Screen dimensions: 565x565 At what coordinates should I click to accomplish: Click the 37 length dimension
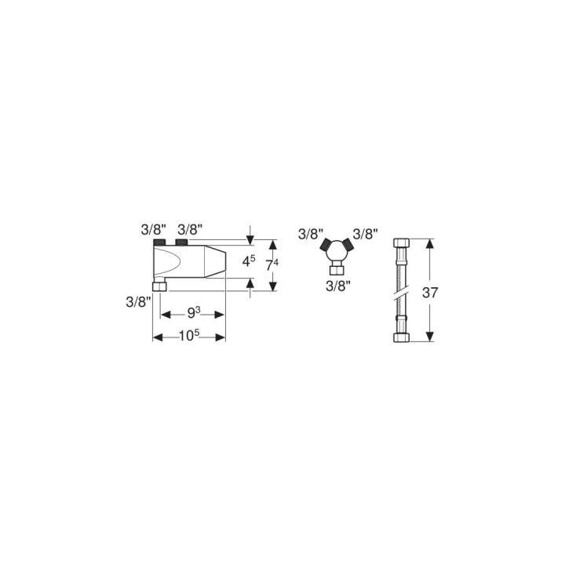point(430,293)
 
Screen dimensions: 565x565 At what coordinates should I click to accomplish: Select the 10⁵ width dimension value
point(189,336)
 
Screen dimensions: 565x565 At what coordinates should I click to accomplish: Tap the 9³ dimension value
point(194,313)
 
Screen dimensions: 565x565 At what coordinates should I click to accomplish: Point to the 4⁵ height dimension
point(249,261)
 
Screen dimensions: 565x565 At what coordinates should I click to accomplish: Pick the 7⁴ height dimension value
point(272,265)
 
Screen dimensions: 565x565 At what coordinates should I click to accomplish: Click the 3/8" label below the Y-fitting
point(338,286)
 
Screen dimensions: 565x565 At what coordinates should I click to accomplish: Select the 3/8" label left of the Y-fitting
point(311,234)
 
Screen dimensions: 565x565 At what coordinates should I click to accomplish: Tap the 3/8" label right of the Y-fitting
point(366,234)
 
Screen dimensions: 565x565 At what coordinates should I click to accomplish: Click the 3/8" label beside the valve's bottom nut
point(138,302)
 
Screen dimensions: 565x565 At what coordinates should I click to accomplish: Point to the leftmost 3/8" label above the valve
point(154,229)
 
